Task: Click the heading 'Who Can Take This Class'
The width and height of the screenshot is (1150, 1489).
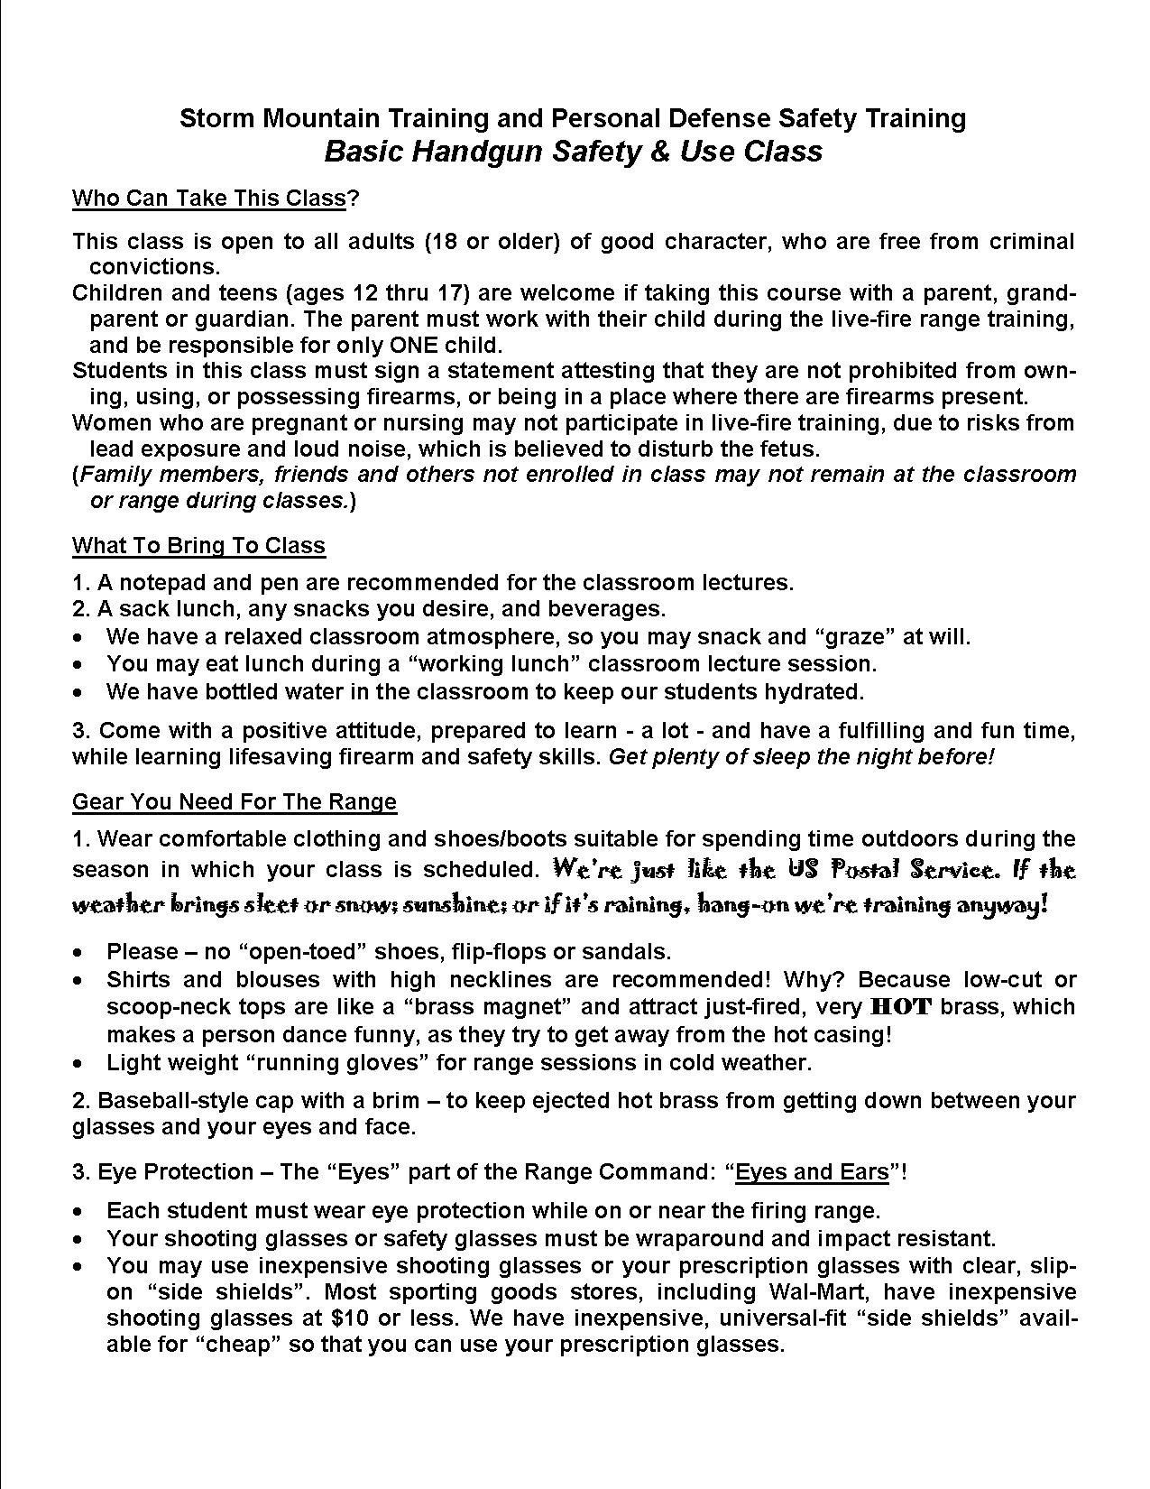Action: coord(208,198)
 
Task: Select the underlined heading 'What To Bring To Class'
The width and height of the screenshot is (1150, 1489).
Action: coord(198,545)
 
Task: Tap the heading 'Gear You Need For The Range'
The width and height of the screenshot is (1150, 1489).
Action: coord(234,801)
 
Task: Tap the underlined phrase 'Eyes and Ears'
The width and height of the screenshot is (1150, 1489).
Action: coord(812,1172)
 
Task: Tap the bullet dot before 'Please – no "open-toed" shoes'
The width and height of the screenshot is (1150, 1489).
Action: coord(81,953)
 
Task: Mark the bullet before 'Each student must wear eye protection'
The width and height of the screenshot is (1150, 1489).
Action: coord(81,1211)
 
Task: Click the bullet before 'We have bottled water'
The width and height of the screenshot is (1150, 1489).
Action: coord(81,693)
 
